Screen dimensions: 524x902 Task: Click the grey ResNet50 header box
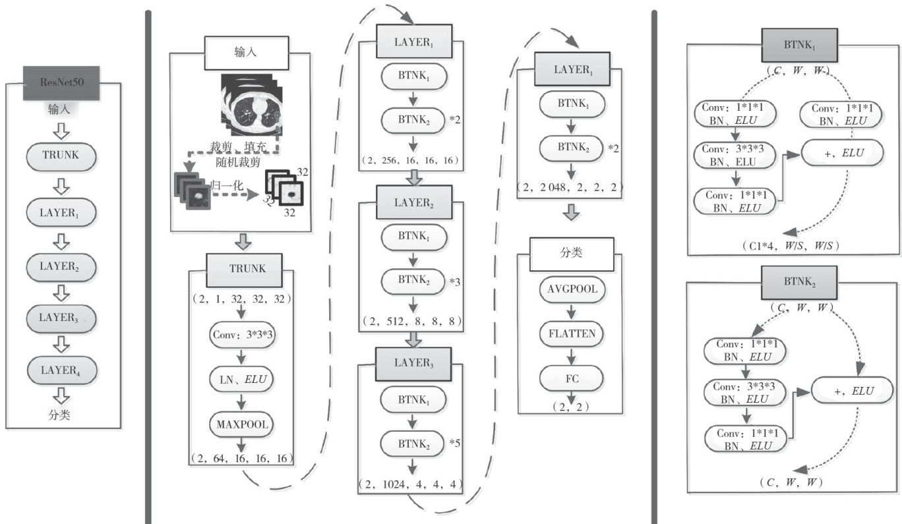pyautogui.click(x=61, y=83)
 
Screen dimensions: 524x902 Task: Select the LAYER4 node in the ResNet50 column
pyautogui.click(x=61, y=370)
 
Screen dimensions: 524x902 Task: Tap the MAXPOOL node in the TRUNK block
pyautogui.click(x=242, y=424)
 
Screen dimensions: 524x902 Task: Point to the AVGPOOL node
pyautogui.click(x=571, y=290)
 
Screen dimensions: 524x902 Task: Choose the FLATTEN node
pyautogui.click(x=571, y=334)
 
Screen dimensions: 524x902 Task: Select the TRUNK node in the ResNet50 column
pyautogui.click(x=61, y=156)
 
